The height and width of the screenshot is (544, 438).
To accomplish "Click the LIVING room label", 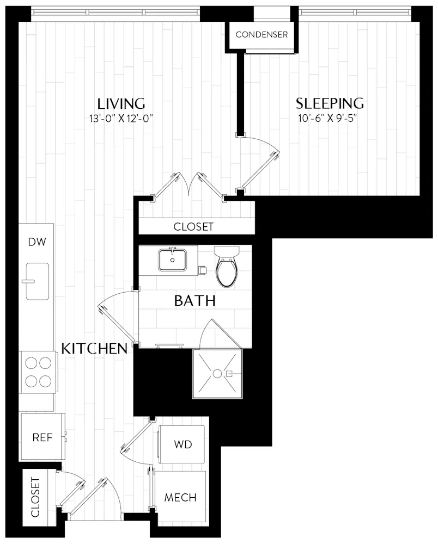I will (121, 103).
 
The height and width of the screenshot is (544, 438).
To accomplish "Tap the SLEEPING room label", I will (330, 103).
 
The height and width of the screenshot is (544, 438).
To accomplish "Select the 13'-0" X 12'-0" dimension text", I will (121, 119).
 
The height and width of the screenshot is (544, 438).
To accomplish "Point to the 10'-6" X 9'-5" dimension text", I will (330, 119).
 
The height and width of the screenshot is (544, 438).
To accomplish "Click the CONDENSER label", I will (261, 35).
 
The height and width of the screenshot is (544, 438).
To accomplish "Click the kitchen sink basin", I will (38, 281).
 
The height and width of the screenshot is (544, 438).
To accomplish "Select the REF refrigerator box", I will (42, 438).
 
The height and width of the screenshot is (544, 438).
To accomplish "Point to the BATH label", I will (194, 301).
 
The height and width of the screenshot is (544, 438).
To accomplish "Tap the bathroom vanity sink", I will (173, 260).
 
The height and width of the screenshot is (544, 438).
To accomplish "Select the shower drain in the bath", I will (217, 374).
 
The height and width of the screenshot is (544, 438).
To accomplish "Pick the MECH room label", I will (180, 497).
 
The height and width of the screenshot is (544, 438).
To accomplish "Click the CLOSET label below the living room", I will (193, 227).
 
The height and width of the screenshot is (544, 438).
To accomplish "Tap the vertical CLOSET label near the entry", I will (35, 497).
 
